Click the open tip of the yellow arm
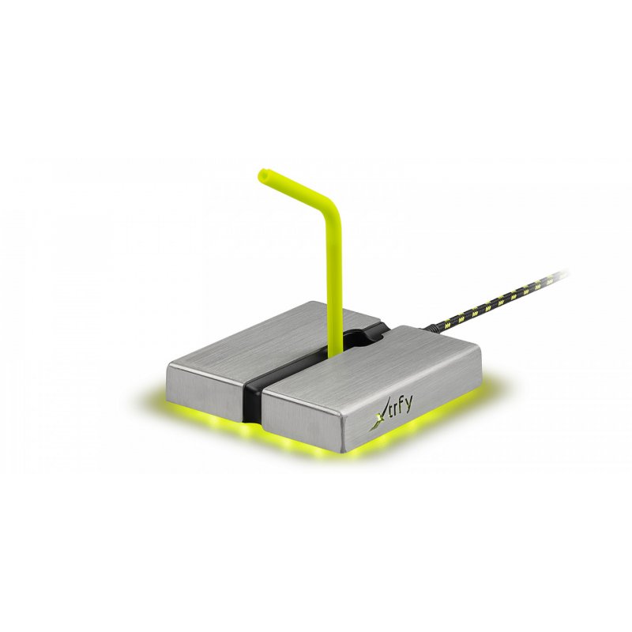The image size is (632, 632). tap(263, 171)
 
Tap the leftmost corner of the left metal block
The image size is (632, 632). tap(170, 363)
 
